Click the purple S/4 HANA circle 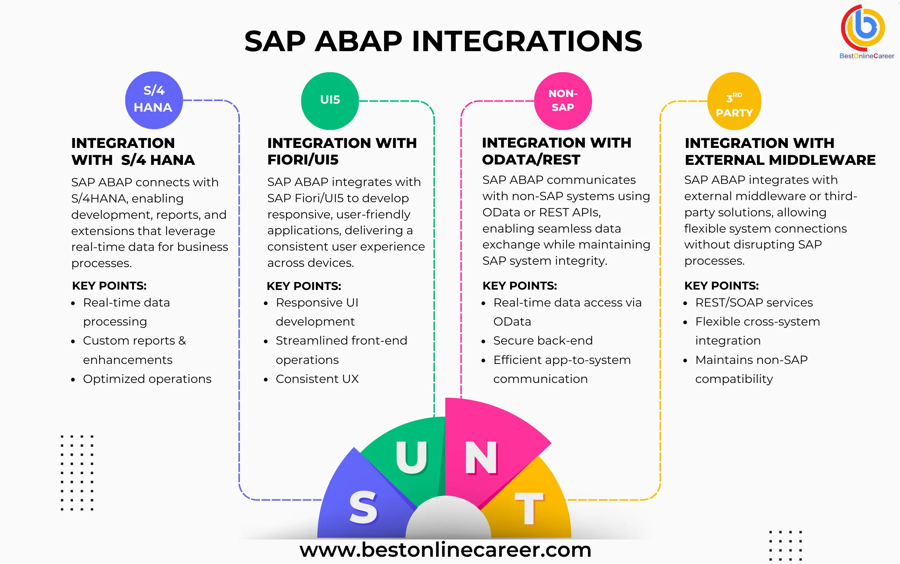click(x=154, y=100)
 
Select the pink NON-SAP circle click(x=563, y=101)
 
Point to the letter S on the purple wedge click(x=363, y=507)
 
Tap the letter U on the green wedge click(x=411, y=457)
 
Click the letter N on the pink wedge click(x=481, y=458)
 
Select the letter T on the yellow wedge click(x=528, y=508)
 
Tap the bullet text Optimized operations click(x=147, y=379)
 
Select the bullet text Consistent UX click(x=317, y=379)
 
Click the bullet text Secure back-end click(x=543, y=340)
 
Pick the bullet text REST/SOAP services click(x=754, y=302)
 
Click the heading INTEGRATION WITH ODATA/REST click(x=556, y=151)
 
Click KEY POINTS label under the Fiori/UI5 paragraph click(x=303, y=286)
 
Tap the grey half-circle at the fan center click(x=448, y=520)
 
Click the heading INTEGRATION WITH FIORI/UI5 click(x=342, y=151)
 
